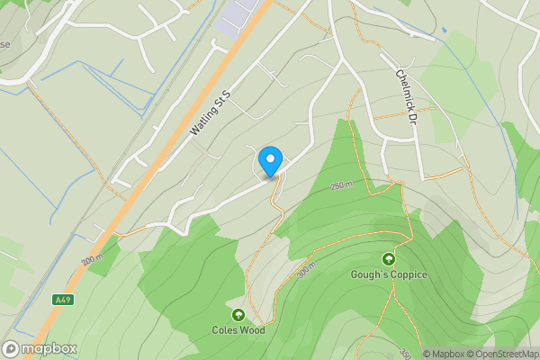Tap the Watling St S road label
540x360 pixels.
point(211,112)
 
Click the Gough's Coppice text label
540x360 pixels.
point(389,274)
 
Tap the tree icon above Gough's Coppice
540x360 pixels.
point(389,259)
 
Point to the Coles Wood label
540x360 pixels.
point(238,329)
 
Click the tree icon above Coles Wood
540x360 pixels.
point(238,314)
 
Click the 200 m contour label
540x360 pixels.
point(94,259)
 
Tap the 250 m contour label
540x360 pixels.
point(341,186)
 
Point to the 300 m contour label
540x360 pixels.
point(307,271)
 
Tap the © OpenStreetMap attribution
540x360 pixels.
point(500,354)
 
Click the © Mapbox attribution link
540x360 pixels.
point(441,354)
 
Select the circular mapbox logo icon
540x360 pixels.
point(12,348)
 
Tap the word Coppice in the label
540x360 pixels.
point(408,274)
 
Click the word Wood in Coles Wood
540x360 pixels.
point(252,329)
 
